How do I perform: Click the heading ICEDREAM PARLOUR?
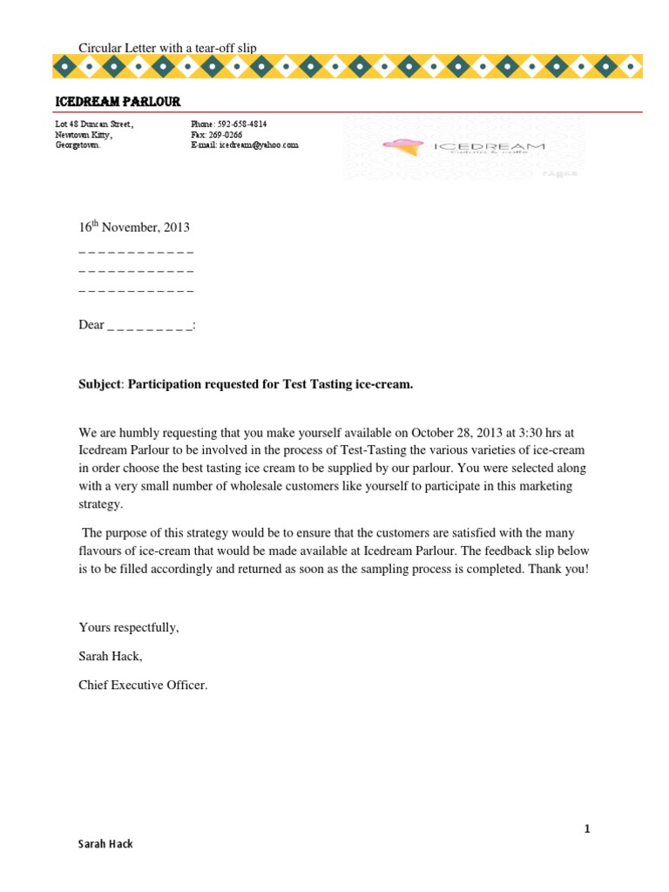[x=118, y=102]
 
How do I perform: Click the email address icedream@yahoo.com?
[x=258, y=145]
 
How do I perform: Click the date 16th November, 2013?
[x=134, y=227]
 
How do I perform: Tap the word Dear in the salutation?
[x=91, y=325]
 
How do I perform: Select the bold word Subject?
[x=99, y=383]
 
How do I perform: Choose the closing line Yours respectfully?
[x=129, y=627]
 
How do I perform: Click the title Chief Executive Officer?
[x=144, y=685]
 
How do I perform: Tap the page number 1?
[x=587, y=828]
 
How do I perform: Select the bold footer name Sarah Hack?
[x=105, y=844]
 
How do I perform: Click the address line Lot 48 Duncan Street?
[x=95, y=125]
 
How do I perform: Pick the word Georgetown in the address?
[x=78, y=145]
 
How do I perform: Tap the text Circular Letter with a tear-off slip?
[x=167, y=48]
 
